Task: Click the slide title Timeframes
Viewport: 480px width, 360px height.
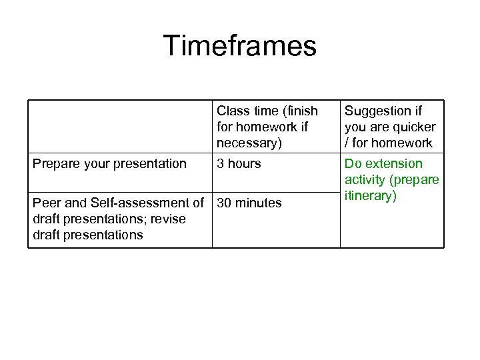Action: (240, 47)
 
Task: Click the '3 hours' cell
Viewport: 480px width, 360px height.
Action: (239, 164)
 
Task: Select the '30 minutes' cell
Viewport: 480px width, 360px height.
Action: (249, 203)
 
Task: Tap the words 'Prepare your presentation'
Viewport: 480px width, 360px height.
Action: (110, 164)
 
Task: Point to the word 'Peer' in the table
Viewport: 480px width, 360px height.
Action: (46, 203)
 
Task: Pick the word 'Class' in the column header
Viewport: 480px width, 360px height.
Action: (232, 111)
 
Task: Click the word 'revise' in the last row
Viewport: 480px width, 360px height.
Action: (167, 219)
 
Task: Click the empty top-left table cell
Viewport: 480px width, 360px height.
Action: (120, 127)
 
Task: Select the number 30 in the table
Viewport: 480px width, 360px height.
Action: (225, 203)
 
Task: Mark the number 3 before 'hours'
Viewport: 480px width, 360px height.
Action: (221, 164)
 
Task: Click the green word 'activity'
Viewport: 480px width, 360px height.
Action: (365, 180)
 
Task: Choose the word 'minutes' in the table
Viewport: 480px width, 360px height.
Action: (259, 203)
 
